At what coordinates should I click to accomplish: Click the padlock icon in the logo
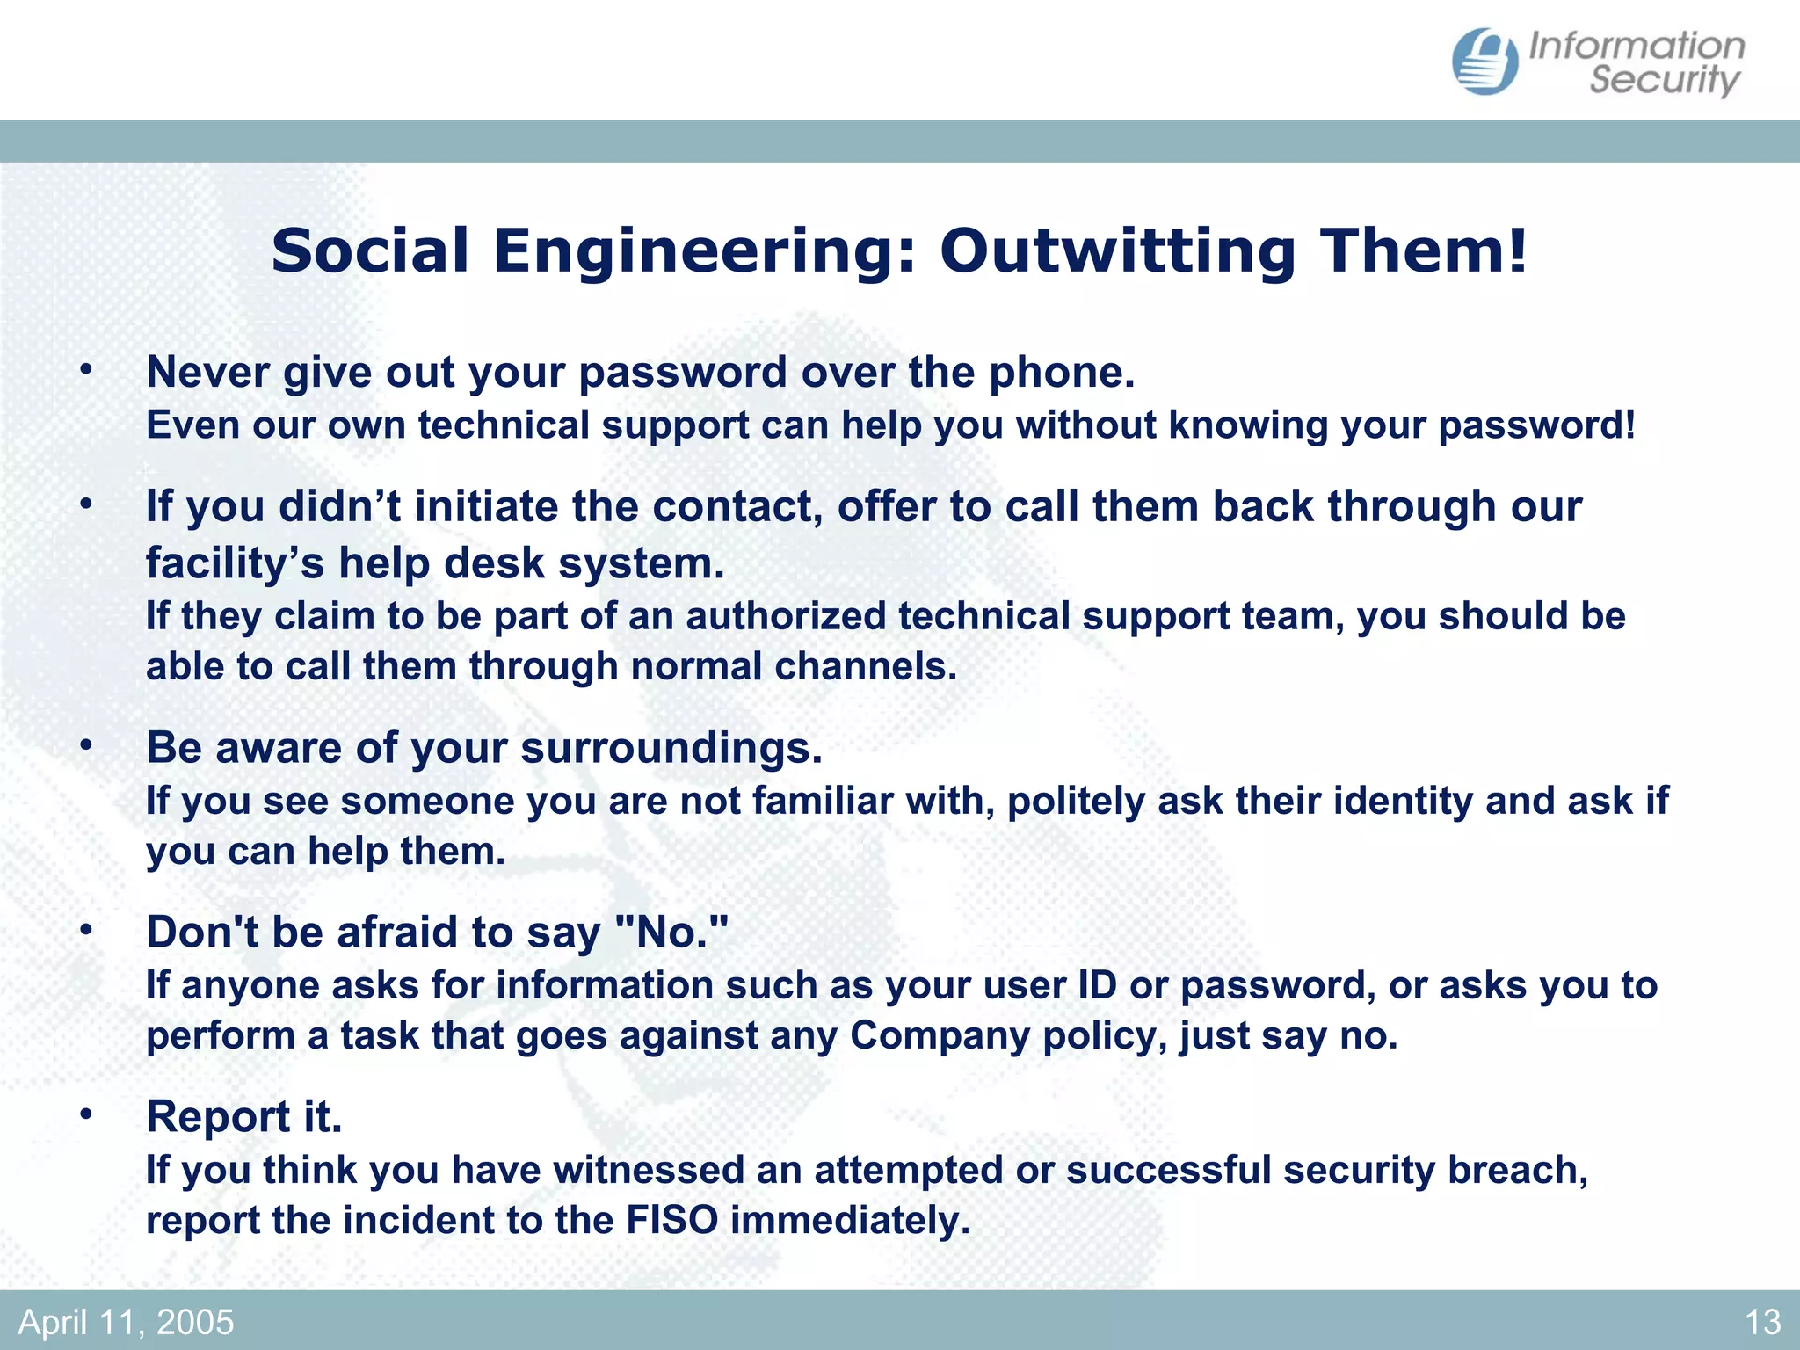click(1484, 62)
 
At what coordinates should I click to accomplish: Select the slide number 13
click(1762, 1322)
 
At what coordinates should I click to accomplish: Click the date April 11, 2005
click(127, 1322)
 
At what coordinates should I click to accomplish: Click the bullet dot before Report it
click(85, 1114)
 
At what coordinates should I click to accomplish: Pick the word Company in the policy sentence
click(940, 1035)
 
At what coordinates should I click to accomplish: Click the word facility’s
click(236, 563)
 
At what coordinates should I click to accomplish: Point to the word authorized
click(786, 616)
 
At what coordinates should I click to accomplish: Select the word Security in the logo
click(1664, 81)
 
